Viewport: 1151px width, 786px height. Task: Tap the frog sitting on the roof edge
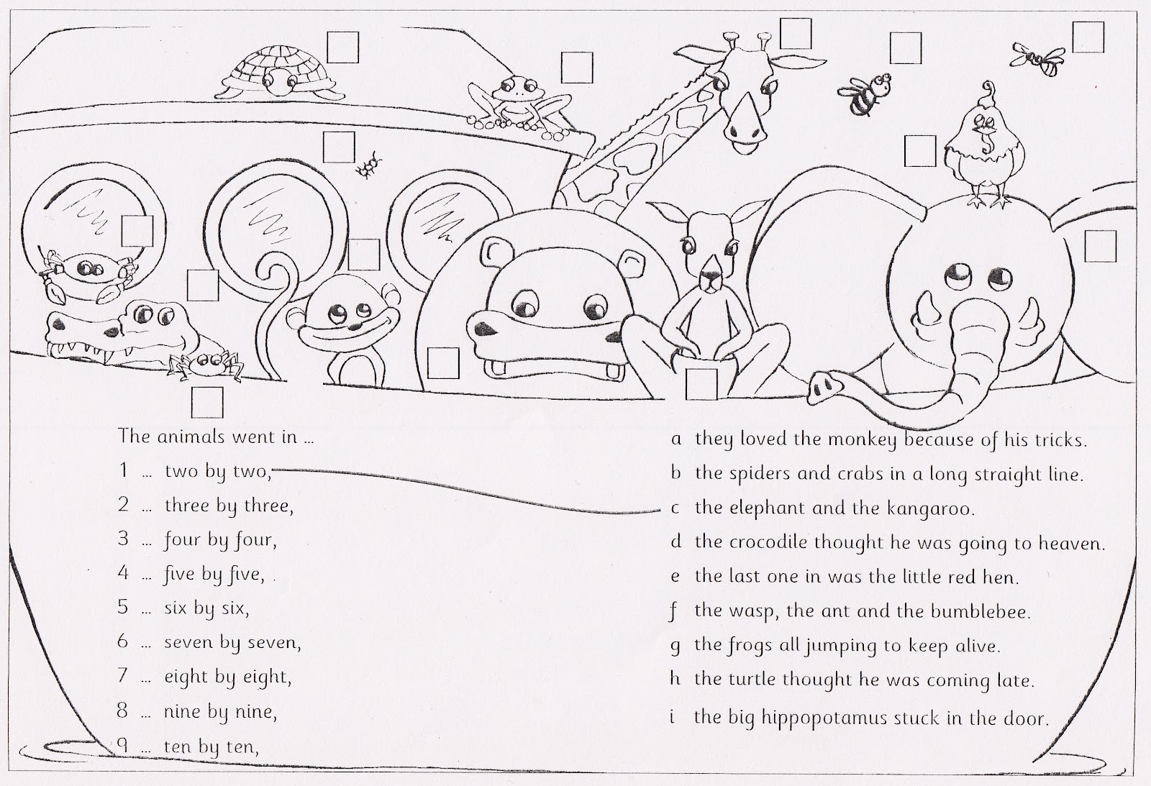point(511,103)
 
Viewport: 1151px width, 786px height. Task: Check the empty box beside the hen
point(919,152)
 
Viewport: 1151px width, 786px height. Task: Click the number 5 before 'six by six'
point(123,607)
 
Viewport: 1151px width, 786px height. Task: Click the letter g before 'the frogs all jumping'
point(675,645)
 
